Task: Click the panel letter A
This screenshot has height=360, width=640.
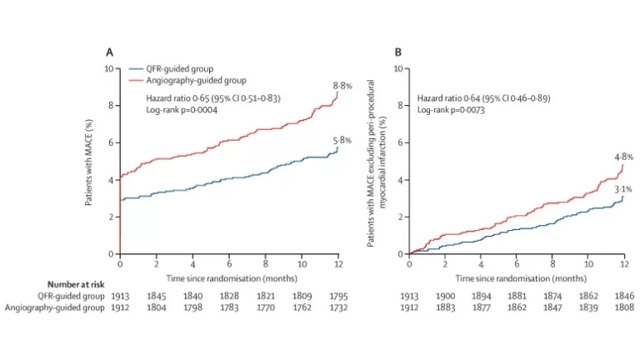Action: coord(109,52)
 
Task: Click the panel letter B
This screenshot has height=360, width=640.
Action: coord(397,52)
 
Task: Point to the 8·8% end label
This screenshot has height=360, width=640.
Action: coord(343,85)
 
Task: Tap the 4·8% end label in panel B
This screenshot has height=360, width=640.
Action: coord(624,157)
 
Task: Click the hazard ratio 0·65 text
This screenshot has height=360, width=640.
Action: coord(209,98)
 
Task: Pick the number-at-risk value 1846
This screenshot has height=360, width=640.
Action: coord(624,296)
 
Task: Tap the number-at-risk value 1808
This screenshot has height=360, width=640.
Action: coord(624,308)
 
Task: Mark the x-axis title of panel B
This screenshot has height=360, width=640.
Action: coord(515,276)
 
